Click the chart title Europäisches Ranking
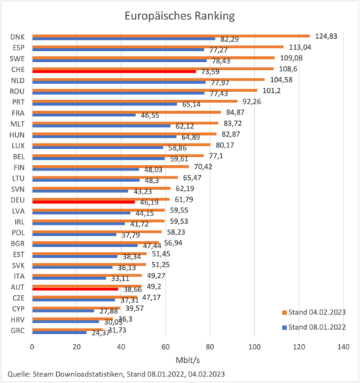click(x=180, y=15)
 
